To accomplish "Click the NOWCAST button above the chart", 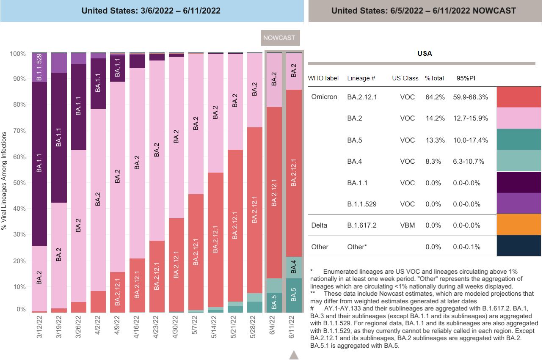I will coord(279,38).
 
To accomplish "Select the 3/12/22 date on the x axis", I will coord(39,327).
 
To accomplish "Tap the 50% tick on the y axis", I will coord(18,183).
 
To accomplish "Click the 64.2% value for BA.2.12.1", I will coord(435,97).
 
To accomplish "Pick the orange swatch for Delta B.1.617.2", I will coord(518,224).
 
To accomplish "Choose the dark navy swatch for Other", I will coord(518,246).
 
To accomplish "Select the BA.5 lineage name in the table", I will coord(354,140).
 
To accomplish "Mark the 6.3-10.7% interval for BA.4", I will coord(468,162).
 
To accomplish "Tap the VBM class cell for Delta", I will coord(407,225).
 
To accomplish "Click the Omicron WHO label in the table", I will coord(324,97).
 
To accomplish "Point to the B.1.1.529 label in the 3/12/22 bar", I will coord(39,67).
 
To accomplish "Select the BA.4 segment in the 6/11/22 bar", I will coord(294,267).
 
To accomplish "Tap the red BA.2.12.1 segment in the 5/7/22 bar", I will coord(196,253).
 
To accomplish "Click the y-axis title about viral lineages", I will coord(4,181).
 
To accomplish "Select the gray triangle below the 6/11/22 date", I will coord(294,355).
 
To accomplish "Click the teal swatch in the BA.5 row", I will coord(518,139).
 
